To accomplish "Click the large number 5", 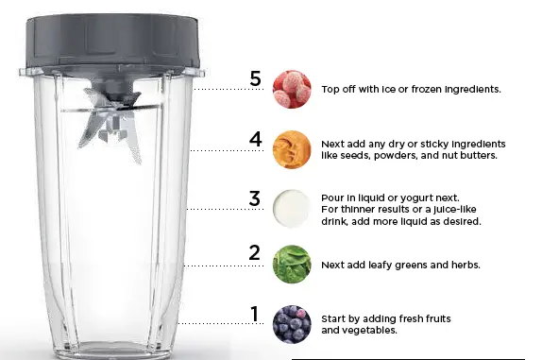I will click(255, 78).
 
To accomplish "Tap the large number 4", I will click(255, 140).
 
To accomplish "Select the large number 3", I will click(254, 199).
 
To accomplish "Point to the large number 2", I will click(254, 253).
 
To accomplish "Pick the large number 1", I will click(253, 313).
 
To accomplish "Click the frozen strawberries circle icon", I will click(291, 90).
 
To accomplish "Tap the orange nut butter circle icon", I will click(291, 149).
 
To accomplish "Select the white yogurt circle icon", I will click(291, 208).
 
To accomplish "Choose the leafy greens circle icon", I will click(291, 265).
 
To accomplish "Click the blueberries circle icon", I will click(291, 324).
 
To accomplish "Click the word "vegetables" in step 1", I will click(369, 332).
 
